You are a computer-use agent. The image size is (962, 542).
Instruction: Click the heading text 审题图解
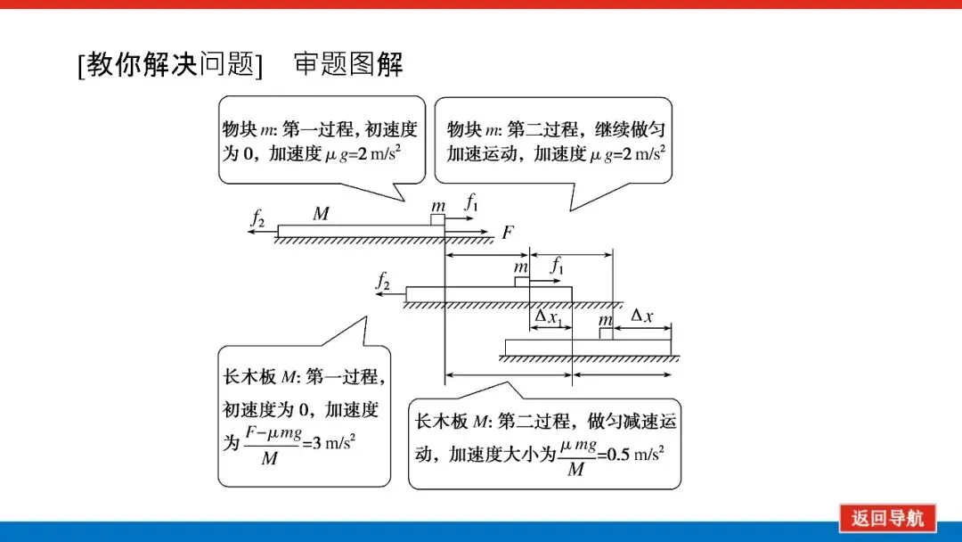point(348,64)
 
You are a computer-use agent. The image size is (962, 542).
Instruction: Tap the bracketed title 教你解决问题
point(170,64)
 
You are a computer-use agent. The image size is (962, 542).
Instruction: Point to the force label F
point(508,233)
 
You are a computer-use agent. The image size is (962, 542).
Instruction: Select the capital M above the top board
point(322,214)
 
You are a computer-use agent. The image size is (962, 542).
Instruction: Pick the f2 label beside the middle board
point(384,282)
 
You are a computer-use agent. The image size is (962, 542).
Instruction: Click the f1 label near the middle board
point(558,265)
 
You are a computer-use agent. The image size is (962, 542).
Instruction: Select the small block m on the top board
point(437,219)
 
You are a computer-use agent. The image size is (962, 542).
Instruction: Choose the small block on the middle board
point(521,282)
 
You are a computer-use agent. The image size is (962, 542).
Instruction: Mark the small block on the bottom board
point(606,333)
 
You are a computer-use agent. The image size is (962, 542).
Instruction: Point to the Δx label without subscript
point(641,316)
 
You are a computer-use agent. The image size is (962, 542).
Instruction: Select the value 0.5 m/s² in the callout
point(635,452)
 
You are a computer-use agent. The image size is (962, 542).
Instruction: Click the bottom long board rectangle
point(587,347)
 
